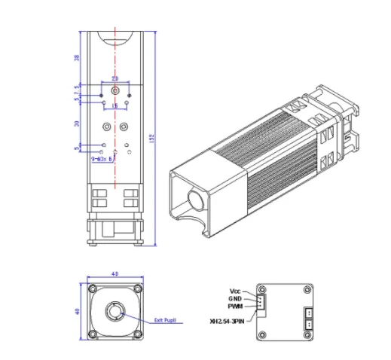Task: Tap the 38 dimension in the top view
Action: (x=75, y=57)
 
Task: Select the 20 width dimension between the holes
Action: (x=115, y=78)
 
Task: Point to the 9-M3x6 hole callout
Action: (x=101, y=159)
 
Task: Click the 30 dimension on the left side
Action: (x=75, y=123)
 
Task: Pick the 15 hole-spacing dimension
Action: (x=114, y=107)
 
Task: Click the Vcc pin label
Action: (x=235, y=291)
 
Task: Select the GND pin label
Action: (x=235, y=299)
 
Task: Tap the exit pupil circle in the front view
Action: (x=115, y=311)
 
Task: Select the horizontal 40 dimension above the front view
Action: (x=115, y=275)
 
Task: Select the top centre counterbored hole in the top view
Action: (x=115, y=90)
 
